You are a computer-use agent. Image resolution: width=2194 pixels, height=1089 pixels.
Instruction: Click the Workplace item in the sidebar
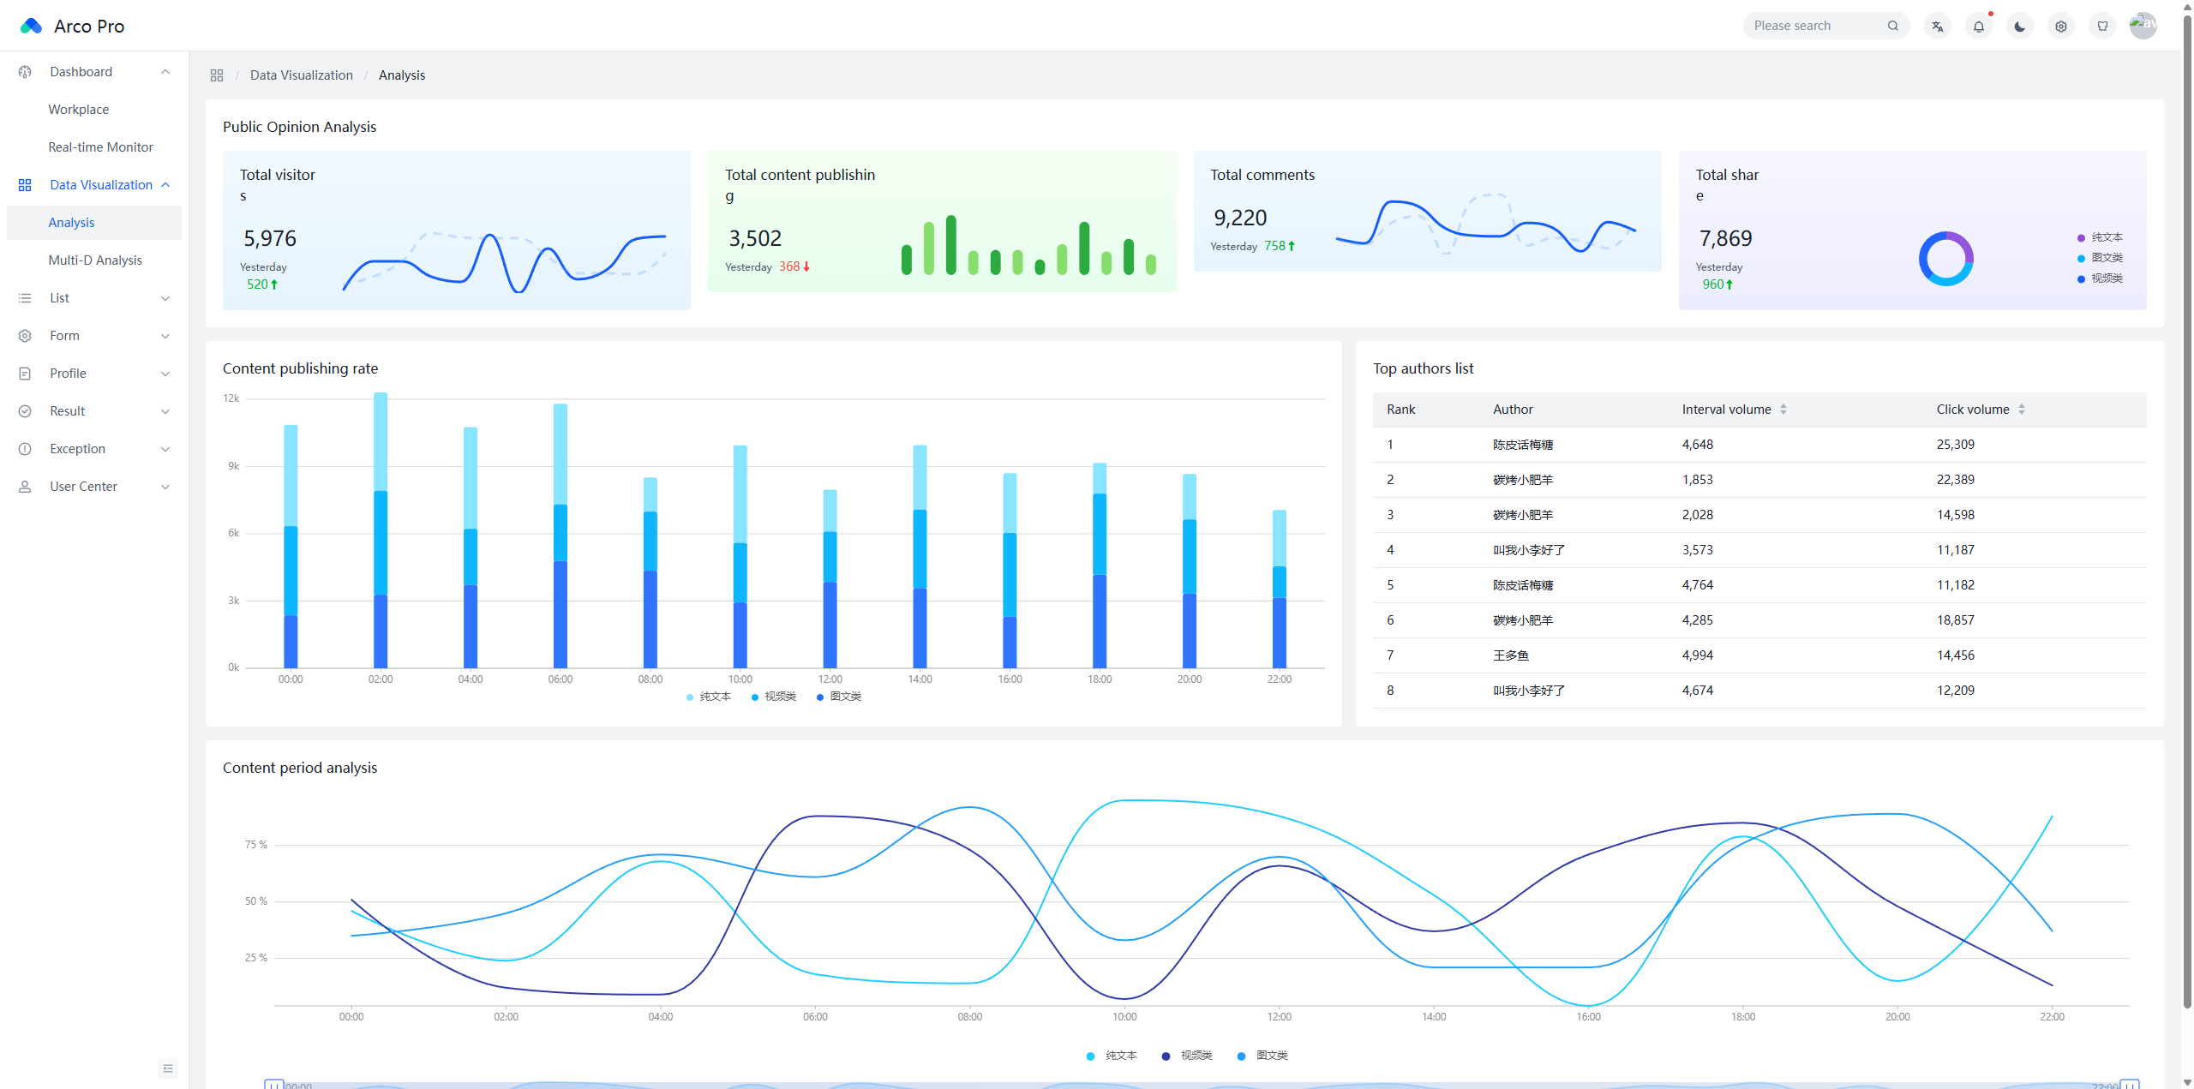78,110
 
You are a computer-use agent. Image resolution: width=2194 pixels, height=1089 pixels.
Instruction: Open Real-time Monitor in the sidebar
100,147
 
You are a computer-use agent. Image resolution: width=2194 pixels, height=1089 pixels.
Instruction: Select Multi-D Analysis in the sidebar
95,260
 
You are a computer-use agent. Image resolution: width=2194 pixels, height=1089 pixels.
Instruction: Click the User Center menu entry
83,487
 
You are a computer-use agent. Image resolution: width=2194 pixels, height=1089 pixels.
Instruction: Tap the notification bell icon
1979,27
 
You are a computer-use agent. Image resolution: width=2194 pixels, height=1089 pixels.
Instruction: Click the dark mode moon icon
2020,27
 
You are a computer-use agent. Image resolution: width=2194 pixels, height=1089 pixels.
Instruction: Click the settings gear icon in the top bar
2061,27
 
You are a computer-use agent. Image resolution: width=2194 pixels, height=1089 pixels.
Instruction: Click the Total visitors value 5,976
270,238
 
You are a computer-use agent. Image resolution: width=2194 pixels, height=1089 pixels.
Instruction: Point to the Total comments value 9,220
1240,218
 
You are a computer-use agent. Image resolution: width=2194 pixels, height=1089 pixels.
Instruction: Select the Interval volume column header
1726,410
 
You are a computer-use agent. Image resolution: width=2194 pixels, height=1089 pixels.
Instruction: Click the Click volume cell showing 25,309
1955,445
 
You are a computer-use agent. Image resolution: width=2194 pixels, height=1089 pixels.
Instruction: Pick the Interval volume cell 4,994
1697,655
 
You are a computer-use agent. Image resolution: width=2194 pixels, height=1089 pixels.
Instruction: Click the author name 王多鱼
1511,655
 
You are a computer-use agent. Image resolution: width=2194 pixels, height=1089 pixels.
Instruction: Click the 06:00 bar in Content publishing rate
560,536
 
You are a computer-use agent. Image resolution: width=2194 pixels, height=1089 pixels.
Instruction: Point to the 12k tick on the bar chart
231,398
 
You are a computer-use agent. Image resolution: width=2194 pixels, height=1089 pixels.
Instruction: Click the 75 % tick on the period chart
256,845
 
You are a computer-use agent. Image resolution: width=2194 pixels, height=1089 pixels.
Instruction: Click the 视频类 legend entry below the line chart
1187,1056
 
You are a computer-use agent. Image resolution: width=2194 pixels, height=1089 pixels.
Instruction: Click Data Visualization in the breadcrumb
302,75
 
